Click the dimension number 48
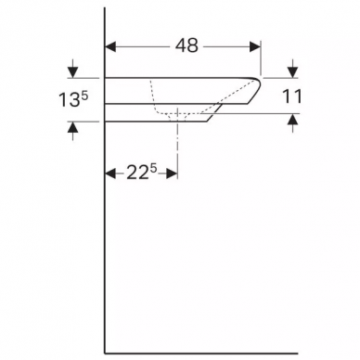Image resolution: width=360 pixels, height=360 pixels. point(186,46)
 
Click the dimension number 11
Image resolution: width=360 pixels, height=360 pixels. point(291,96)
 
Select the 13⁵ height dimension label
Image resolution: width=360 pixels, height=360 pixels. point(73,100)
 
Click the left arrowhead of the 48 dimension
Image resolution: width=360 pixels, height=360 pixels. point(110,46)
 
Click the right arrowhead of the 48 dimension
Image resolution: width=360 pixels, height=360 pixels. point(255,46)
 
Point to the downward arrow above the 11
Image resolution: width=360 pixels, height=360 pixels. point(293,69)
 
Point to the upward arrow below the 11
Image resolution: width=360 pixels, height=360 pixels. point(293,123)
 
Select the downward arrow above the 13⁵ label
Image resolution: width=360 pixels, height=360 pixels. point(72,69)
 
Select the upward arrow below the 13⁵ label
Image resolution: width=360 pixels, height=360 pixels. point(72,131)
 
